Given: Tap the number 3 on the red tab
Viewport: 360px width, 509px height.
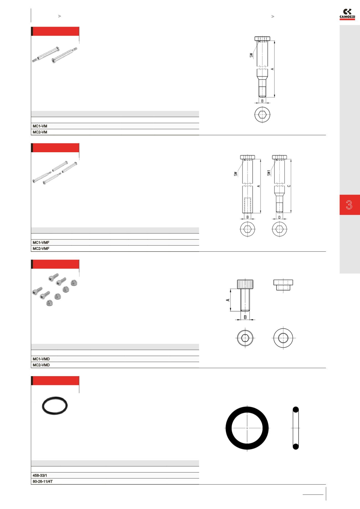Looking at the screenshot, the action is (x=349, y=205).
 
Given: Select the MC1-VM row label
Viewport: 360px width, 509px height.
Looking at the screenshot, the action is (x=40, y=126).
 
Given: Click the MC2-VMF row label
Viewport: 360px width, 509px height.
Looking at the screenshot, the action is (x=41, y=249).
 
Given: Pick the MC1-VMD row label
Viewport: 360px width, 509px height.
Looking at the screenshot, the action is (x=41, y=359).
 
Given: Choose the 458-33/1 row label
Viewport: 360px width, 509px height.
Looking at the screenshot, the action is (x=40, y=475).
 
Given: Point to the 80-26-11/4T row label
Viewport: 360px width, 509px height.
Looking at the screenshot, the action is (x=43, y=481).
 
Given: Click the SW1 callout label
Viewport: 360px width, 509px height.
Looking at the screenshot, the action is (x=269, y=173).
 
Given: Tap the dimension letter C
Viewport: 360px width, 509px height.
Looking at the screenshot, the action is (x=289, y=186).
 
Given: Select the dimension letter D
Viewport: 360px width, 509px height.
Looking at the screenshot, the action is (x=279, y=217).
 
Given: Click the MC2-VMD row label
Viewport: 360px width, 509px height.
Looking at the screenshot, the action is (x=41, y=365).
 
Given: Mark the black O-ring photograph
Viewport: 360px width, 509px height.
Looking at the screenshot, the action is (x=55, y=406).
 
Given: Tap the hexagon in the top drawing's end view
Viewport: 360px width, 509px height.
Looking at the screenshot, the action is (x=262, y=114).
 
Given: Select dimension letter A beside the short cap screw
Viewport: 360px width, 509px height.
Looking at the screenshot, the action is (x=228, y=300).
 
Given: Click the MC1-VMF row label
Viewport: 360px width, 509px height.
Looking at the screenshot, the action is (x=41, y=242).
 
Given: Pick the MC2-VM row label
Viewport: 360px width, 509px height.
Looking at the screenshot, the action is (x=40, y=132).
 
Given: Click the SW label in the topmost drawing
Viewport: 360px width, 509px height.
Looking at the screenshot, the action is (x=251, y=55).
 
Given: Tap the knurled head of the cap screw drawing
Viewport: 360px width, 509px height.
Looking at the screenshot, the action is (x=245, y=284).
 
